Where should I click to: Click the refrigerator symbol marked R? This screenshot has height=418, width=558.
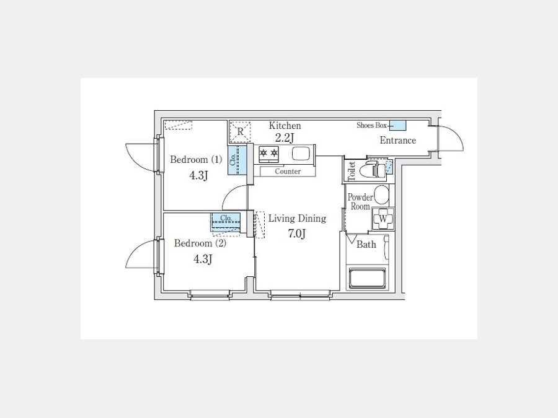click(240, 132)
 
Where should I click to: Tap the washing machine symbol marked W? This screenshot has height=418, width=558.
click(383, 219)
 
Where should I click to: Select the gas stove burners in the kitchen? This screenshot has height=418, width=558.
click(268, 154)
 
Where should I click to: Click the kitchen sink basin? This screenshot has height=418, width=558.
click(301, 154)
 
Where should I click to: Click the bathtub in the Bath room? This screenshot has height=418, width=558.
click(367, 278)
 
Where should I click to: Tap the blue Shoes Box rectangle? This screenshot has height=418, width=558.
click(398, 126)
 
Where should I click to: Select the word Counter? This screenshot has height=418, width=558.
click(288, 172)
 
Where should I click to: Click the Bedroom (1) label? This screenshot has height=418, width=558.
click(196, 160)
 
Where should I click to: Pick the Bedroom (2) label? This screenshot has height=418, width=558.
click(200, 243)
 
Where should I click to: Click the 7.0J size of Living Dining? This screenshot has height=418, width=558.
click(297, 234)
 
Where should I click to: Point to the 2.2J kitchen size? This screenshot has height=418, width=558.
click(285, 138)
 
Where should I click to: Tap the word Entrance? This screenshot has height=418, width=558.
click(398, 141)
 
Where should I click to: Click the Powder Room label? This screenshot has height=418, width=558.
click(360, 202)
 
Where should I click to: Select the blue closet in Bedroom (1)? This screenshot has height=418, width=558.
click(237, 160)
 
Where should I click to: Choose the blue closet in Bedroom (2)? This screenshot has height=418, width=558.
click(226, 222)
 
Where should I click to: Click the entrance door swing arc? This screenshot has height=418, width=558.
click(458, 133)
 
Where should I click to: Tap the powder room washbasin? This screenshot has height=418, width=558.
click(381, 194)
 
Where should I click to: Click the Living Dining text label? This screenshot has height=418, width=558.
click(297, 218)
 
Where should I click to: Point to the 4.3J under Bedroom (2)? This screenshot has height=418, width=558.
click(203, 259)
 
